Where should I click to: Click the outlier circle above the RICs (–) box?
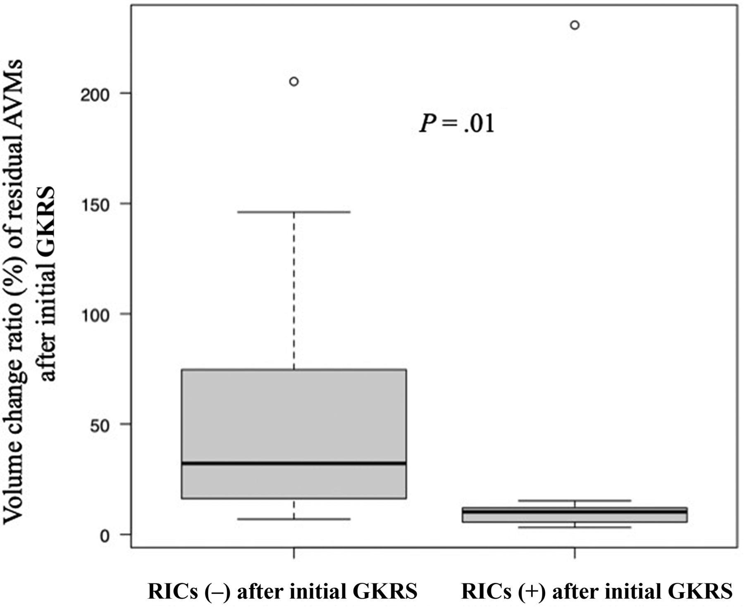pos(294,82)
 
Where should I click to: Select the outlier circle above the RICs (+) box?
pos(575,25)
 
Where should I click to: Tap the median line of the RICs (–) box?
pos(294,463)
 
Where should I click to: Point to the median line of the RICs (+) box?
pos(575,512)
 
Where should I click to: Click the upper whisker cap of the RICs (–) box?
pos(294,212)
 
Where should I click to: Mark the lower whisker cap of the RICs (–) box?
pos(294,519)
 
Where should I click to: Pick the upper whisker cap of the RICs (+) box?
pos(575,500)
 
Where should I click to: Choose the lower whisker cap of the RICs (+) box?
pos(575,527)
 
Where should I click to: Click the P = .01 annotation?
pos(457,123)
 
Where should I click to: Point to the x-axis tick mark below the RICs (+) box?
pos(575,553)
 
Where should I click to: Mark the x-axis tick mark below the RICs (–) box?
pos(294,553)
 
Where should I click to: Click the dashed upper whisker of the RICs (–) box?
pos(294,289)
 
